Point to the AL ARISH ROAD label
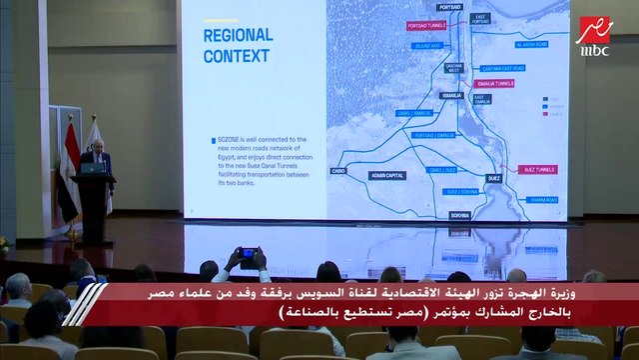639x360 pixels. (x=532, y=45)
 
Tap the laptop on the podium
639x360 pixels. (x=95, y=168)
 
